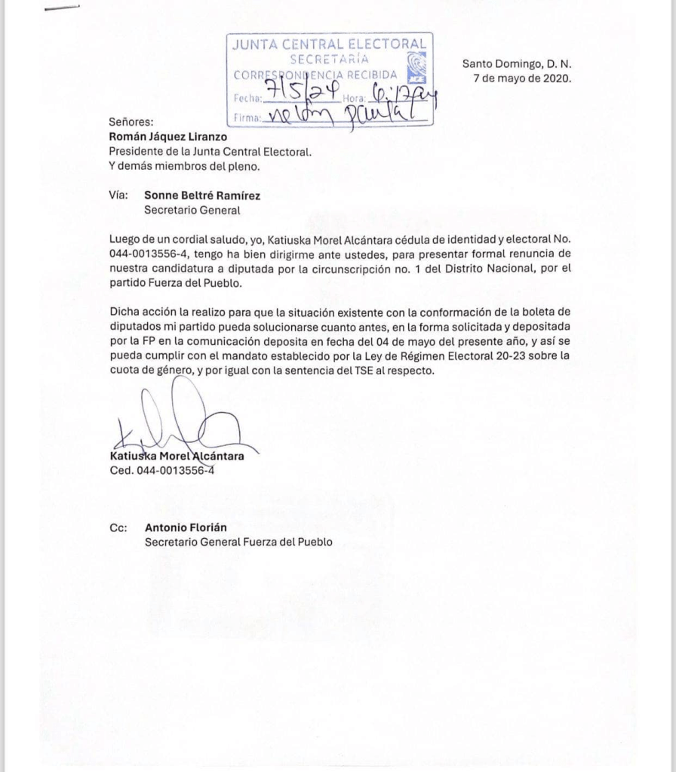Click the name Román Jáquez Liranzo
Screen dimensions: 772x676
point(162,137)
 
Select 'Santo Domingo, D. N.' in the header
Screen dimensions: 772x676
point(517,65)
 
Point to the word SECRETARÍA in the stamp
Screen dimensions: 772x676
point(330,58)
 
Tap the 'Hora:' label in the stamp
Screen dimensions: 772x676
point(355,99)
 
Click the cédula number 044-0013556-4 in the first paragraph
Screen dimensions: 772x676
point(146,254)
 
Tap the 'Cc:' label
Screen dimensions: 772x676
point(118,528)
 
